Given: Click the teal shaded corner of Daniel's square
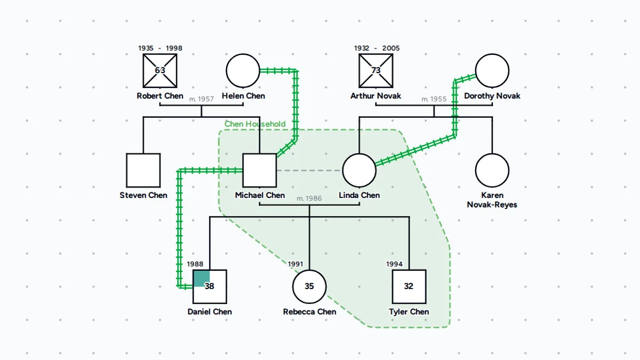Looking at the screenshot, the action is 202,278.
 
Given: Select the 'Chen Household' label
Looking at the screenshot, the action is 255,124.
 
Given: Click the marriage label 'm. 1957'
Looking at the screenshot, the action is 202,99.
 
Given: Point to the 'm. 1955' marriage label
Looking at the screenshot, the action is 434,99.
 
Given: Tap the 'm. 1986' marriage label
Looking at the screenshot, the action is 309,198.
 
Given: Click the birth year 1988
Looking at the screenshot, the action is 195,264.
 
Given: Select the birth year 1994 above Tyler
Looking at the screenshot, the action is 394,264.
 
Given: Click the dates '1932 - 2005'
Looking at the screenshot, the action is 377,48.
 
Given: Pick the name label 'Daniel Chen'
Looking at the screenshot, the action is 210,311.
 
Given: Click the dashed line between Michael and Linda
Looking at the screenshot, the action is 309,171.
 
